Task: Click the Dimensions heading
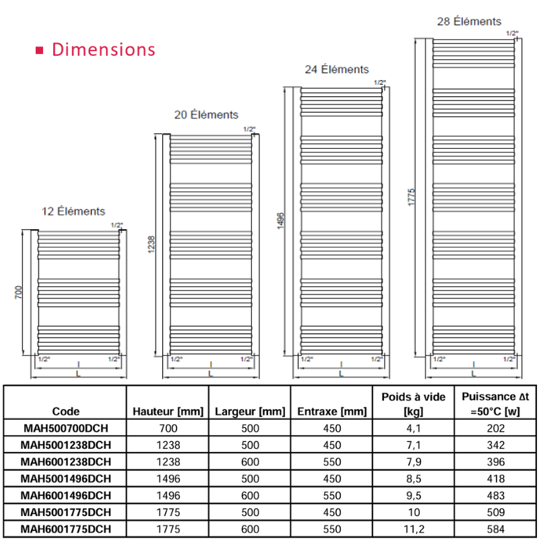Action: (104, 49)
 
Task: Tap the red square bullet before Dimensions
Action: (40, 51)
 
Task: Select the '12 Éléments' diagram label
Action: (73, 211)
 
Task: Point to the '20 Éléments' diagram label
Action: (206, 115)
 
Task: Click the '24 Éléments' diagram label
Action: (337, 69)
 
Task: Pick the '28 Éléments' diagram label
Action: (469, 22)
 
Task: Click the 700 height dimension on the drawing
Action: (19, 292)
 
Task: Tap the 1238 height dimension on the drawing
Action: (151, 245)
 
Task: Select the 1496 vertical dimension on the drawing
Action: (281, 221)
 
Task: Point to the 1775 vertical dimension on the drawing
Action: (412, 197)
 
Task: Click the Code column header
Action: (65, 411)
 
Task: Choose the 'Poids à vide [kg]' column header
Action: (414, 404)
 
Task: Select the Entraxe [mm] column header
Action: (332, 412)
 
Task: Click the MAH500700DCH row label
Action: (65, 429)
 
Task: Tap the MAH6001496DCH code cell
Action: (65, 495)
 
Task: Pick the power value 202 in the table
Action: (496, 429)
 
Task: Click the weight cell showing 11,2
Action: (414, 529)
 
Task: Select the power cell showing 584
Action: (496, 529)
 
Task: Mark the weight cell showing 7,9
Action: (414, 462)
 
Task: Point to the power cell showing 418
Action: (496, 478)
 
